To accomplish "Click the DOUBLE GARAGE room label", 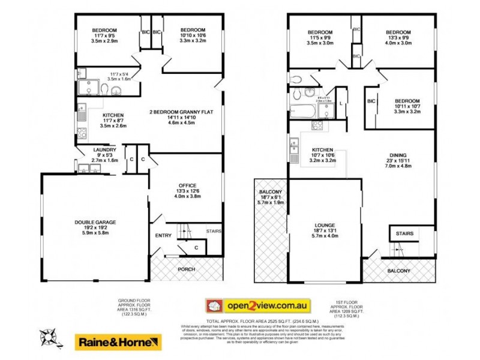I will [95, 222].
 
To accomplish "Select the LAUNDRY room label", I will [100, 149].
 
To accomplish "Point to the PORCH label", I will [187, 269].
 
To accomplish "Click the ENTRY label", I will [163, 235].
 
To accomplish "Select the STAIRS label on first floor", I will [403, 232].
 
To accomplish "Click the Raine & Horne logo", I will [118, 342].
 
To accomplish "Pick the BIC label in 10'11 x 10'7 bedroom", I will [371, 101].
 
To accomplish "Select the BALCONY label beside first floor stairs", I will [398, 271].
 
